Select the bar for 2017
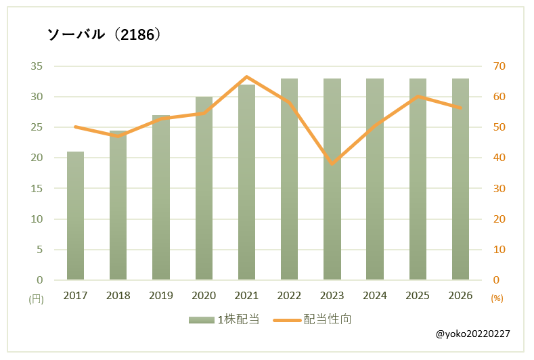75,215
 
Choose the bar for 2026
460,179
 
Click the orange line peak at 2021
246,77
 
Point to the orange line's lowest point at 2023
332,163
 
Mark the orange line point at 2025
418,96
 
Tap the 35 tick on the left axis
37,66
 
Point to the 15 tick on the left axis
37,189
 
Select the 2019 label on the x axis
161,296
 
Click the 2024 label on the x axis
375,296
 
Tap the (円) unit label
36,298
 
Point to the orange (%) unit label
497,298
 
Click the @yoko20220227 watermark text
473,334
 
